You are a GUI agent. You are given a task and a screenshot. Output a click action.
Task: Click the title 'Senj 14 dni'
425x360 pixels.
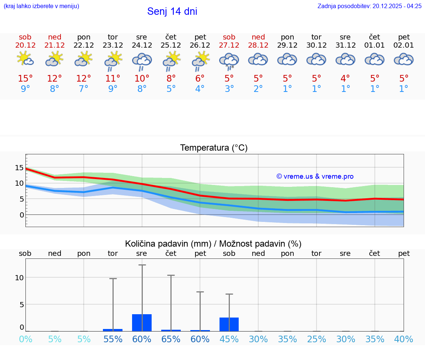point(172,11)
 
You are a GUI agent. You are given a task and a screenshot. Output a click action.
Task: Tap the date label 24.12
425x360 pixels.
point(142,45)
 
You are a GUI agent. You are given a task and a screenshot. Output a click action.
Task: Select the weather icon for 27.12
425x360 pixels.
point(229,61)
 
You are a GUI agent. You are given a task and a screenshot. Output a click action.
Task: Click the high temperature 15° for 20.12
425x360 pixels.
point(25,79)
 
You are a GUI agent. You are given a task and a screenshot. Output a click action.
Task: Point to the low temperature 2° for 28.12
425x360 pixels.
point(258,89)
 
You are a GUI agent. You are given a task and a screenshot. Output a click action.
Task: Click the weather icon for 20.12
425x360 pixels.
point(25,59)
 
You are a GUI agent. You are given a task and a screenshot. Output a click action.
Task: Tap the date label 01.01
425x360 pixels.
point(375,45)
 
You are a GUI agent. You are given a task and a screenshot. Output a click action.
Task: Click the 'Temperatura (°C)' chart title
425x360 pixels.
point(214,148)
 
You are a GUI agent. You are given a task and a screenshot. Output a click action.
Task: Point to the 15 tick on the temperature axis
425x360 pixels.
point(19,168)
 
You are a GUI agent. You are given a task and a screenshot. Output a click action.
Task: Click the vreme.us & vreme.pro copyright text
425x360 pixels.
point(315,176)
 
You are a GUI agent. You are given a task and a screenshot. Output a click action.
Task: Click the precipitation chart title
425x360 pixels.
point(213,244)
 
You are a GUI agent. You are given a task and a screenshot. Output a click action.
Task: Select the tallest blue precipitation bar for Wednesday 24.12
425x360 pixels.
point(142,323)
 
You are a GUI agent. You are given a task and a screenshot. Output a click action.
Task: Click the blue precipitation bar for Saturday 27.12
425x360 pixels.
point(229,324)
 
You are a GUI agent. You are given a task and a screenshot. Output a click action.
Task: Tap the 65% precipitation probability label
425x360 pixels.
point(171,339)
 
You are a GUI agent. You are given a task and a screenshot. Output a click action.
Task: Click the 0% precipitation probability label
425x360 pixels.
point(25,339)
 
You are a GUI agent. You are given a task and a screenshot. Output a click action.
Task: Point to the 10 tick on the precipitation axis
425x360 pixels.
point(19,278)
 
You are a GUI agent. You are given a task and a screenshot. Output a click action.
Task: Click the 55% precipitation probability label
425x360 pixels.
point(113,339)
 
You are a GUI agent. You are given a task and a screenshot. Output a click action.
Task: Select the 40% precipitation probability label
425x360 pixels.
point(404,339)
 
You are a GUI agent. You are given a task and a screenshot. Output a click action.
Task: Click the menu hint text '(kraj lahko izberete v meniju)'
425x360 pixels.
point(41,6)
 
